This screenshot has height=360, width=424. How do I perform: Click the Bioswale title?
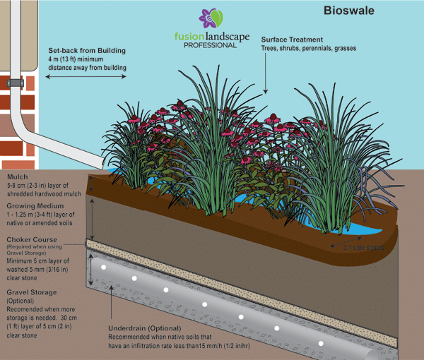pos(351,11)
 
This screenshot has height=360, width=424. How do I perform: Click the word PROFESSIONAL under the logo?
pos(210,45)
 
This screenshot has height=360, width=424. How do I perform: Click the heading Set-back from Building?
pos(87,51)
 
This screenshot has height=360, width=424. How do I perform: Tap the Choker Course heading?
pos(32,239)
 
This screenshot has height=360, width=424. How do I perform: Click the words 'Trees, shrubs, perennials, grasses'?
pos(308,49)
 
